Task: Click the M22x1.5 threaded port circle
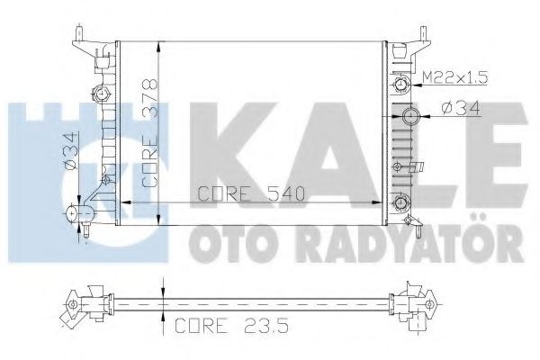point(400,85)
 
